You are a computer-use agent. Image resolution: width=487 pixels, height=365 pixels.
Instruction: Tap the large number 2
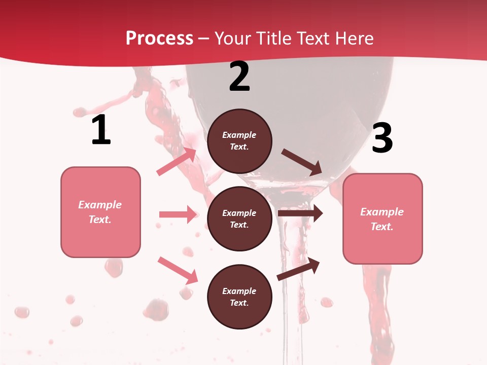click(239, 77)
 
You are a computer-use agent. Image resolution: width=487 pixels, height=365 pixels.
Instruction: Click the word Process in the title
click(159, 38)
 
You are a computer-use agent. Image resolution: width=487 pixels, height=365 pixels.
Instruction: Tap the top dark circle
click(239, 141)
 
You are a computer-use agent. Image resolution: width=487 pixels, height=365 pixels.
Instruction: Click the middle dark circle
click(239, 219)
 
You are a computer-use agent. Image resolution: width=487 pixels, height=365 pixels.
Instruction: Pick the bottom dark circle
click(239, 297)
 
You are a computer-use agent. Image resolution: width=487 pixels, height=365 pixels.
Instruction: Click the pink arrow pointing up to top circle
click(177, 162)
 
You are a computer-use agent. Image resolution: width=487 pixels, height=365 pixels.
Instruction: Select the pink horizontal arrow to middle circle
click(178, 214)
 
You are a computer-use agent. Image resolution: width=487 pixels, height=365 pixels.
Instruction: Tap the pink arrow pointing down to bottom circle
click(178, 270)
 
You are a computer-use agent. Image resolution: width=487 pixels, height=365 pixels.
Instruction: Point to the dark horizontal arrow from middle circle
click(300, 213)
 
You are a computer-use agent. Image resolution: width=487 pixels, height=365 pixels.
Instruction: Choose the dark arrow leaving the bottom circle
click(298, 269)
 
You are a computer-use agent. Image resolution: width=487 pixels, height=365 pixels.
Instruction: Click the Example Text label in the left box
click(100, 212)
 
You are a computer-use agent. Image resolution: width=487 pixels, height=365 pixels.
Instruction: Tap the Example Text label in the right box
click(382, 219)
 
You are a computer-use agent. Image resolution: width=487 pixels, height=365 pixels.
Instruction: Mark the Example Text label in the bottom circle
click(239, 297)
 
